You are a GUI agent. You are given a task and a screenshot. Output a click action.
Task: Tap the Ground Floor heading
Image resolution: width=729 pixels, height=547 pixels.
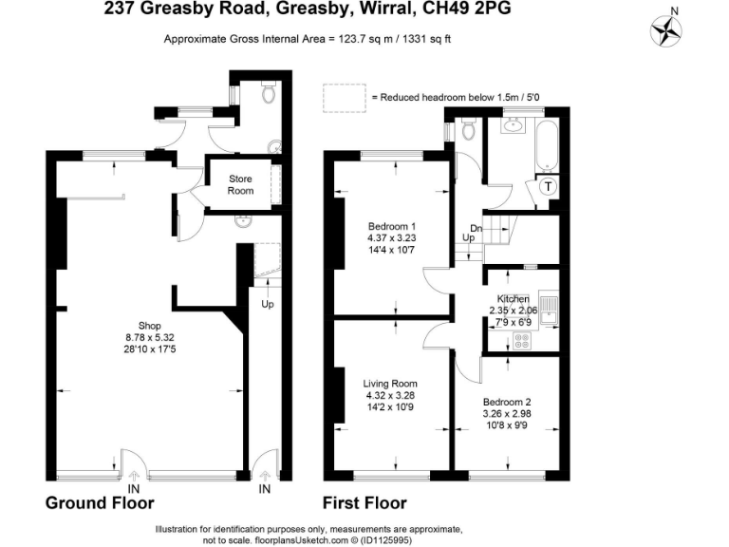100,502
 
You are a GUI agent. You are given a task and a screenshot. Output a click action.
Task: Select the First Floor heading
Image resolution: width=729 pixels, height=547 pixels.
364,502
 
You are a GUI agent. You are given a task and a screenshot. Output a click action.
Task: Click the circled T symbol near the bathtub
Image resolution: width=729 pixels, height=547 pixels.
548,187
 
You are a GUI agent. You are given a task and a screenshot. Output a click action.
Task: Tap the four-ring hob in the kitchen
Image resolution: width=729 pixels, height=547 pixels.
521,339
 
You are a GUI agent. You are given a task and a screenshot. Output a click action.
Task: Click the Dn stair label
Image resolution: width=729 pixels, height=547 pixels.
477,229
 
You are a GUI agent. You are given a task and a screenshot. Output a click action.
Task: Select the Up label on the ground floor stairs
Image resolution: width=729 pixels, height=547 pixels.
267,305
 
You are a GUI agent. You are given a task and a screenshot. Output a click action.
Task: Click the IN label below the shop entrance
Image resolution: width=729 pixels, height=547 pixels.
133,488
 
